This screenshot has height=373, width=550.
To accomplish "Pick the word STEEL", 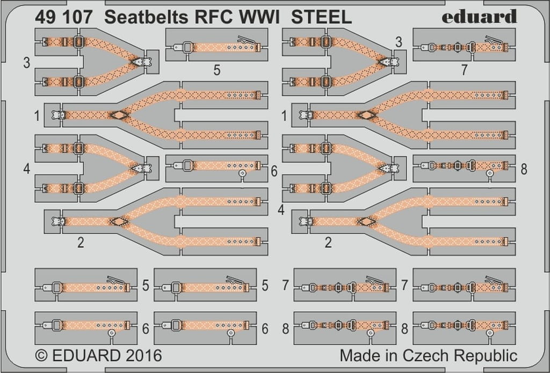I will (x=321, y=17).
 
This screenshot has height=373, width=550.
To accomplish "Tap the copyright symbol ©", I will (x=41, y=355).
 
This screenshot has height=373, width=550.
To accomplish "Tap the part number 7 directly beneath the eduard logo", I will (x=465, y=69).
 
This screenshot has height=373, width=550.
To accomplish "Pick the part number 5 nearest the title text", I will (x=217, y=69).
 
